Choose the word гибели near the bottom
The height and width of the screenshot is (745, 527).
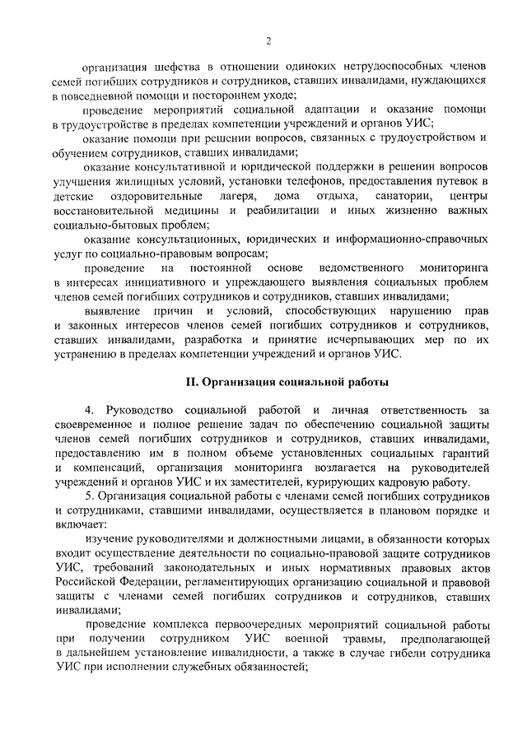[x=399, y=654]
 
